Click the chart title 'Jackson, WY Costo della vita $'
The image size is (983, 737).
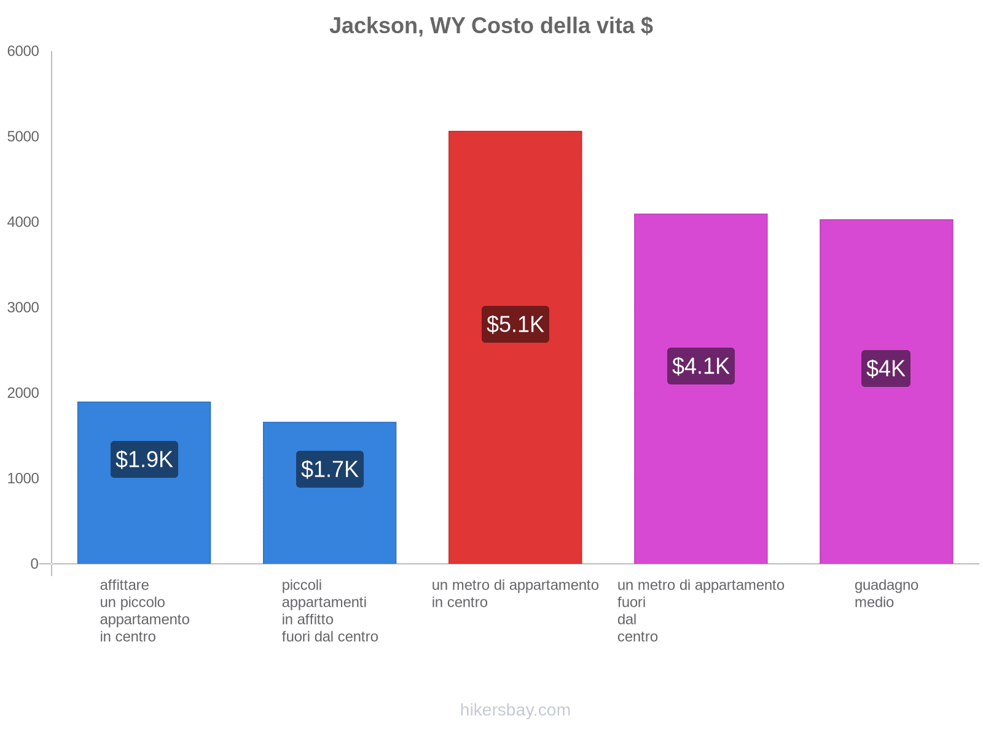491,26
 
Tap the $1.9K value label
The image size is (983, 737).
144,459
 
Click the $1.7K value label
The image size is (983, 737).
330,469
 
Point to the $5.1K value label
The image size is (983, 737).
515,324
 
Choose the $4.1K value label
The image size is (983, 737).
700,366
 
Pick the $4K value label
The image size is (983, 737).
885,368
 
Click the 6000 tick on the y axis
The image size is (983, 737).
23,52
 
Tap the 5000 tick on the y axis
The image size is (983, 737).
23,137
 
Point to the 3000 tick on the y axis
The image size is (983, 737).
23,308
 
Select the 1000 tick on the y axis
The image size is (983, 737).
23,478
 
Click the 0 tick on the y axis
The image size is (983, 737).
34,564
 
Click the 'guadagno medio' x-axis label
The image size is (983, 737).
886,594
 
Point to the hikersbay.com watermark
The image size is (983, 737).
515,710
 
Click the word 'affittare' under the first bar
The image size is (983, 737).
124,585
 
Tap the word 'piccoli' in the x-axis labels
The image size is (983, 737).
302,585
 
